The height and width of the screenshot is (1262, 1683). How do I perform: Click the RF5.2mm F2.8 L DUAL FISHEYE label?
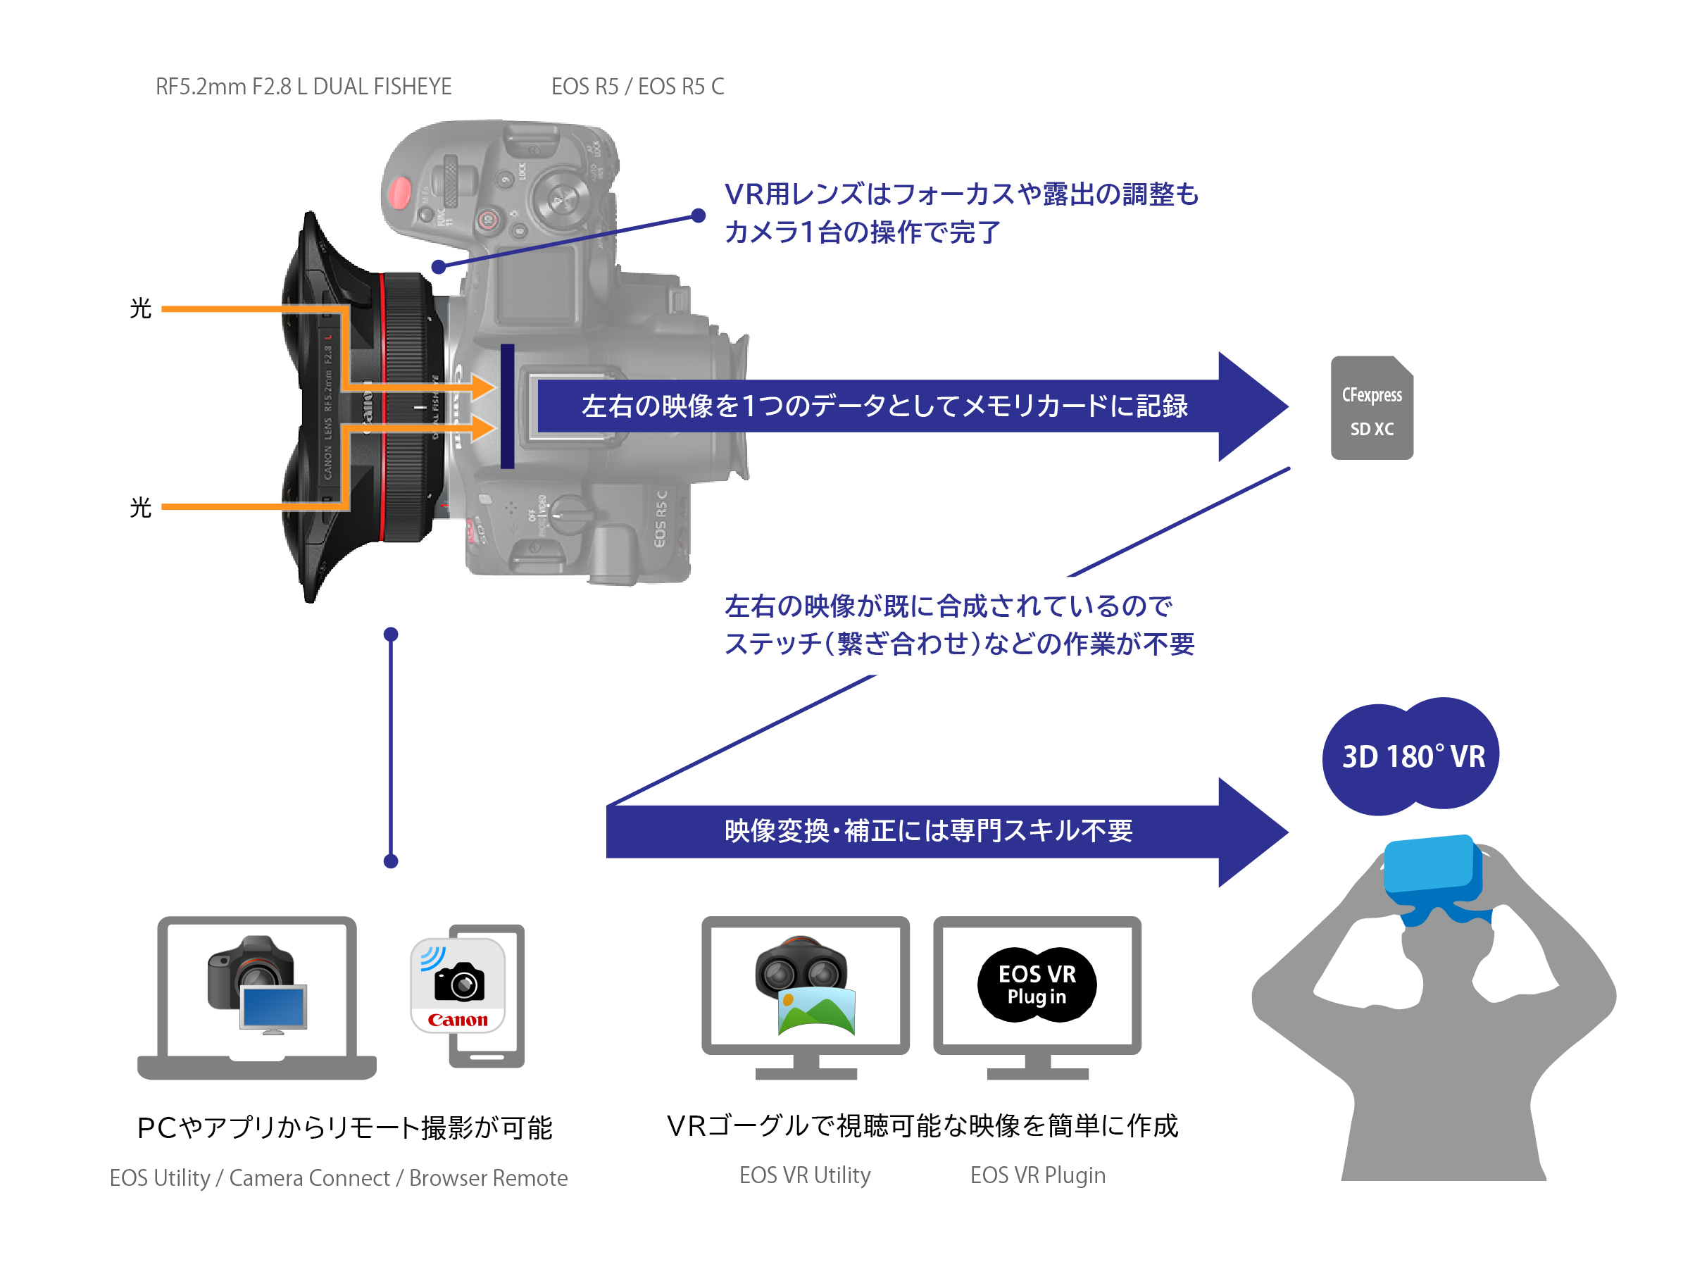[303, 87]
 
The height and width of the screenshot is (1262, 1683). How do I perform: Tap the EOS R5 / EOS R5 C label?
[637, 87]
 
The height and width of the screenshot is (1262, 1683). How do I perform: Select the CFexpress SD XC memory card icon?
[1371, 408]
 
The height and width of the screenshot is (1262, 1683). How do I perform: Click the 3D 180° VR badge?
[1411, 756]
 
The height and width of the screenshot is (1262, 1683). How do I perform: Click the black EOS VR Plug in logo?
[1037, 985]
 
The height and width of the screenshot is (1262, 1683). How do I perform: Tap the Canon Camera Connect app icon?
[458, 986]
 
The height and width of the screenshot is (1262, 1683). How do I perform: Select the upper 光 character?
[141, 309]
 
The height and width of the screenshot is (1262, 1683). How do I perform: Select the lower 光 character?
[141, 507]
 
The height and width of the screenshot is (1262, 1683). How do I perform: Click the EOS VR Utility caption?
[804, 1175]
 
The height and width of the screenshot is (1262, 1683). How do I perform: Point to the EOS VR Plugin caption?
[1037, 1175]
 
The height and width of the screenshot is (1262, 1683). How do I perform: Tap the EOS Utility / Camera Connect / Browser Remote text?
[339, 1177]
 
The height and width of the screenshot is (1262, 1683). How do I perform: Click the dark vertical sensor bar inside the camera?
[507, 406]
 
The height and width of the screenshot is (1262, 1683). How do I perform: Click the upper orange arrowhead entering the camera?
[484, 387]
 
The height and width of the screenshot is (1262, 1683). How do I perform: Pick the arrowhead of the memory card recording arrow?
[1251, 406]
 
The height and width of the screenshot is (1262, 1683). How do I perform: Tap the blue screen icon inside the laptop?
[273, 1008]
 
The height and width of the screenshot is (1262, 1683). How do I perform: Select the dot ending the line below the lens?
[391, 861]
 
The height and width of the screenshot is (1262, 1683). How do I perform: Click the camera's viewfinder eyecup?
[737, 407]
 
